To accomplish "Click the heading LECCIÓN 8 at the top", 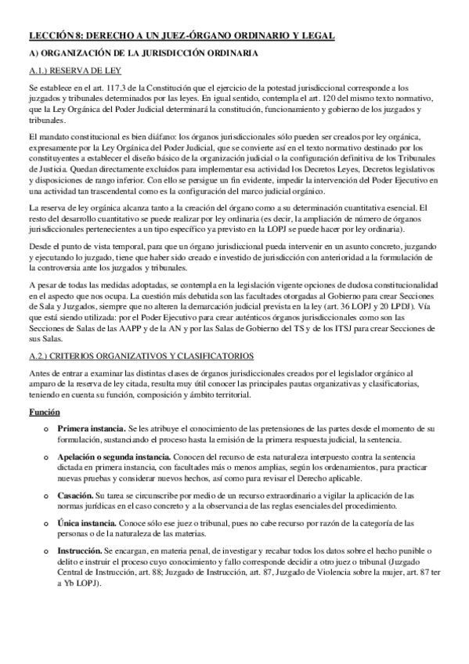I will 181,36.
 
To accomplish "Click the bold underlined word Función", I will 44,412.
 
